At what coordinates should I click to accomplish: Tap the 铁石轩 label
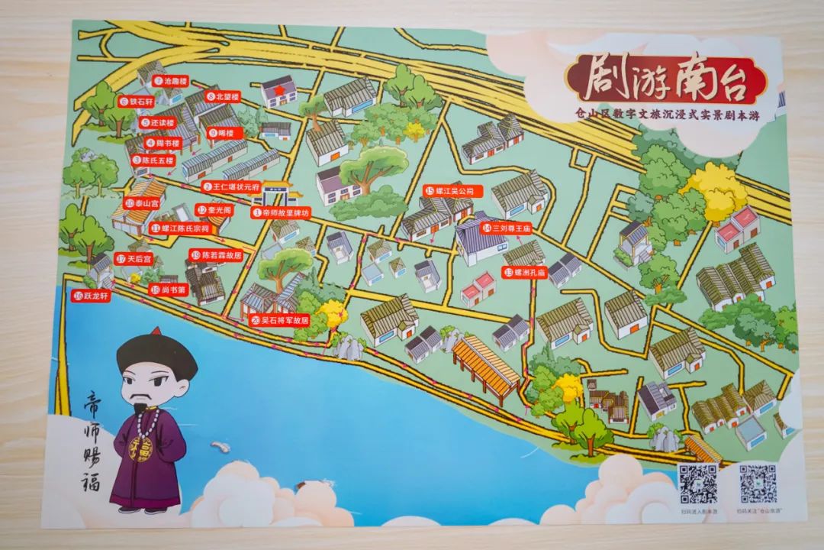pos(137,101)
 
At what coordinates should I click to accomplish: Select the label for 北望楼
pos(223,97)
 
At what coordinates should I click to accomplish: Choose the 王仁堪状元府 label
pos(232,187)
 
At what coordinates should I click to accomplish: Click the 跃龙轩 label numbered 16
pos(93,296)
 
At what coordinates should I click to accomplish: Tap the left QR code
pos(698,484)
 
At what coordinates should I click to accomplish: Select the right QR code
pos(757,484)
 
